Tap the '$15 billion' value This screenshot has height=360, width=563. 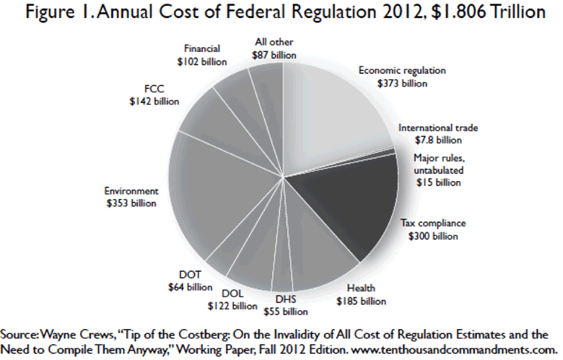coord(438,183)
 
